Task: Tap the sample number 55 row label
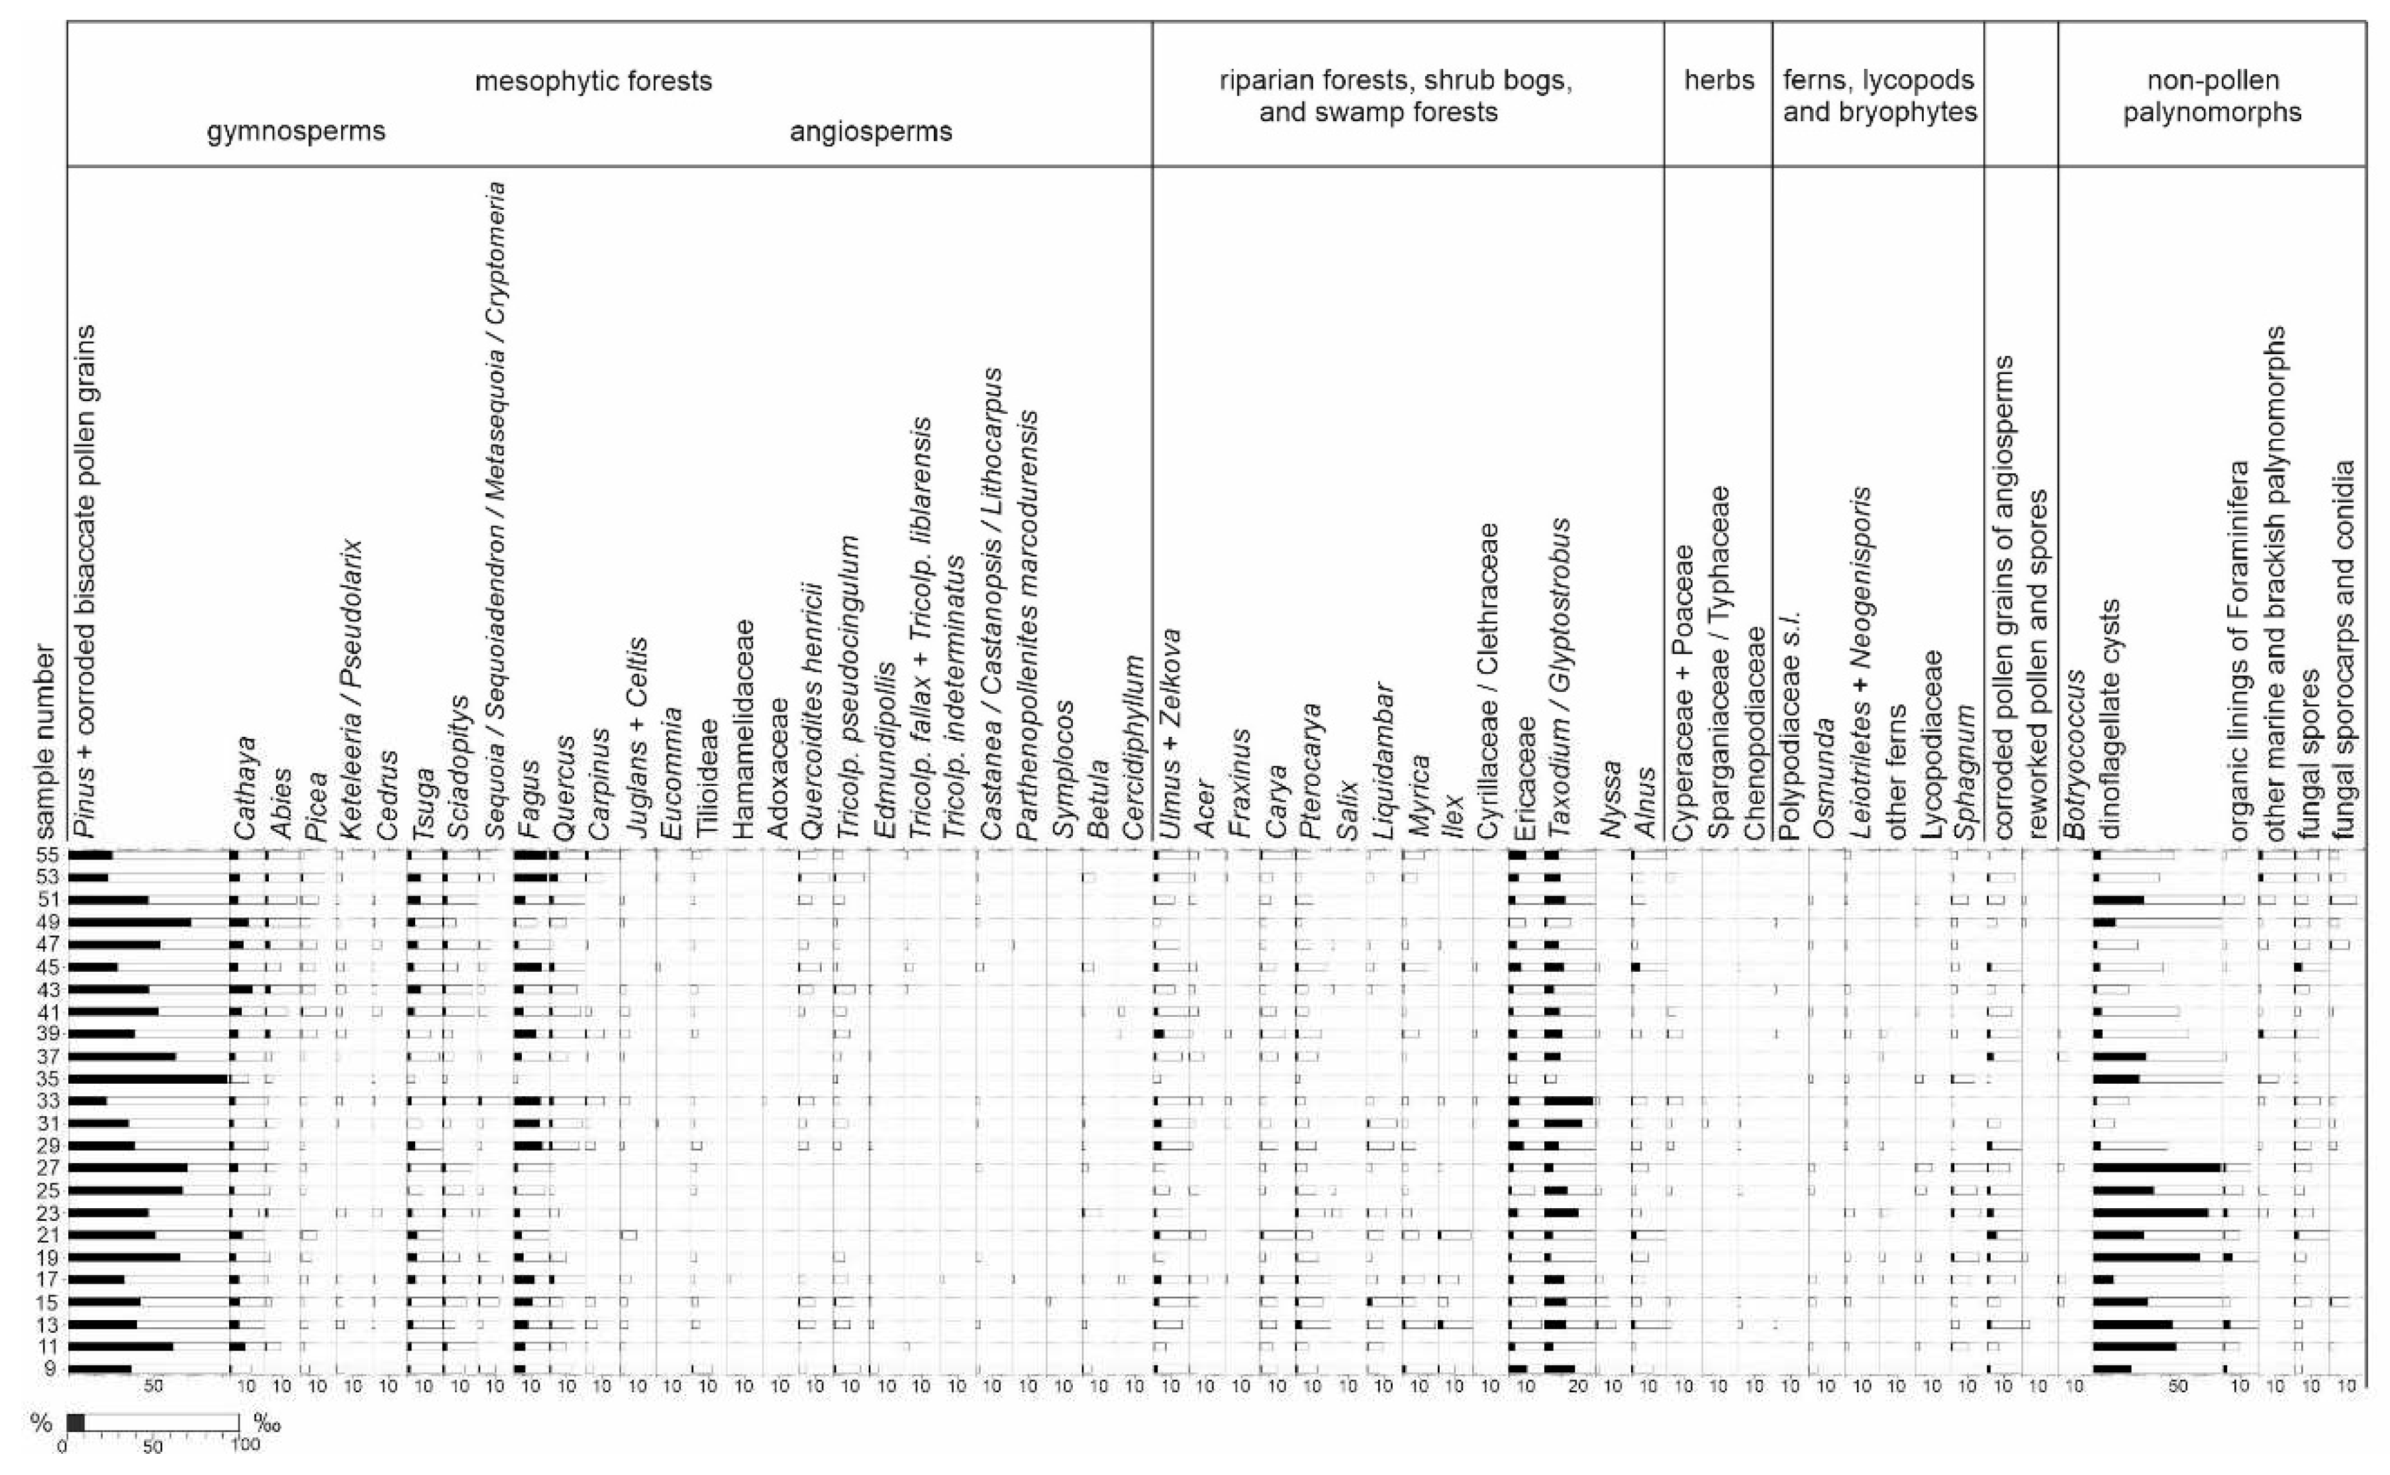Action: (48, 855)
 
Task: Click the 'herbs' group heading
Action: (1719, 80)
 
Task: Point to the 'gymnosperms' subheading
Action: (295, 130)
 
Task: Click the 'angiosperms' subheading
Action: (870, 130)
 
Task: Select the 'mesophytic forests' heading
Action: (593, 80)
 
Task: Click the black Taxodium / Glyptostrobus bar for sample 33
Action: (1569, 1100)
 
